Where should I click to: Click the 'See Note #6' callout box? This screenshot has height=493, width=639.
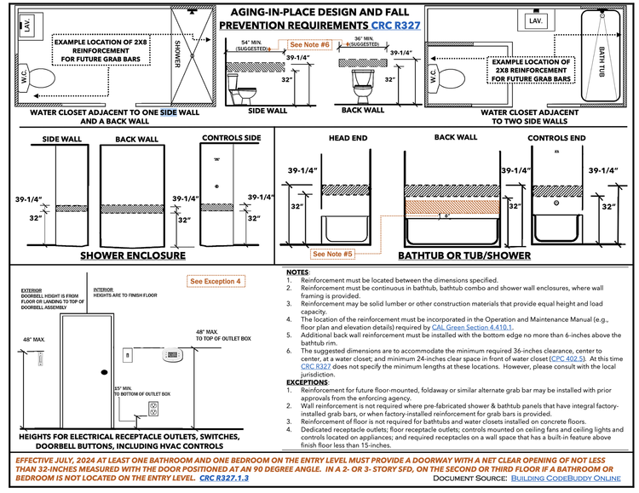click(310, 44)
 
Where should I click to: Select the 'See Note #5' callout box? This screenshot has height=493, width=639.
click(333, 254)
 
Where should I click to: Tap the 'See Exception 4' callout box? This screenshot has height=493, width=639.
click(216, 281)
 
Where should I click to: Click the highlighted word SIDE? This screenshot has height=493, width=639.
click(168, 112)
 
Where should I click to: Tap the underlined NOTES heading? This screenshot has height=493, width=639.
click(298, 272)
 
